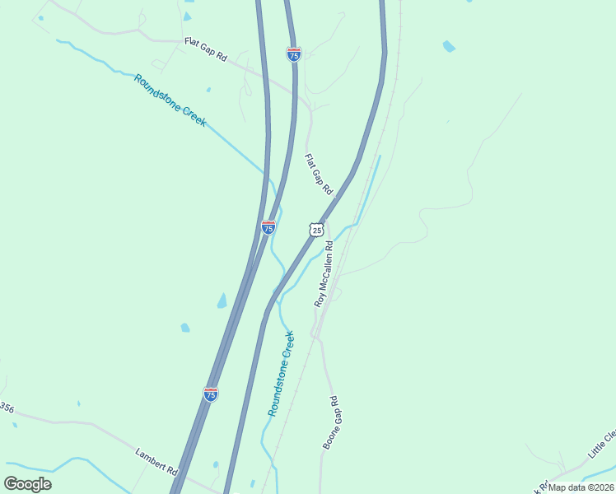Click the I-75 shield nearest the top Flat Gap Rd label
click(x=294, y=54)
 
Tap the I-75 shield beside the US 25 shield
click(x=268, y=226)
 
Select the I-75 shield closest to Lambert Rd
click(x=211, y=395)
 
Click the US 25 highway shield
click(x=317, y=230)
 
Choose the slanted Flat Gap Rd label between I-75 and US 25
click(x=318, y=174)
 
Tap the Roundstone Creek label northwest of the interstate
click(x=170, y=100)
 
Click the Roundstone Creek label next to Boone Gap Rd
click(x=281, y=373)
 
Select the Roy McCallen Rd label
click(x=323, y=273)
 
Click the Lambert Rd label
click(x=156, y=461)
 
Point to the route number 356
click(x=7, y=408)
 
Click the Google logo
click(x=27, y=484)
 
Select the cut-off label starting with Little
click(x=602, y=444)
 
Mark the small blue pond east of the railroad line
click(x=449, y=46)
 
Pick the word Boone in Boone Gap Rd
click(x=326, y=437)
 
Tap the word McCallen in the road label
click(x=324, y=265)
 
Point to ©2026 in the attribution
click(x=600, y=487)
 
